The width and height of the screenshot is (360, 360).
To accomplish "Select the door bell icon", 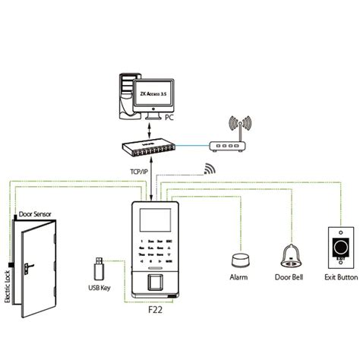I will pos(289,255).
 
